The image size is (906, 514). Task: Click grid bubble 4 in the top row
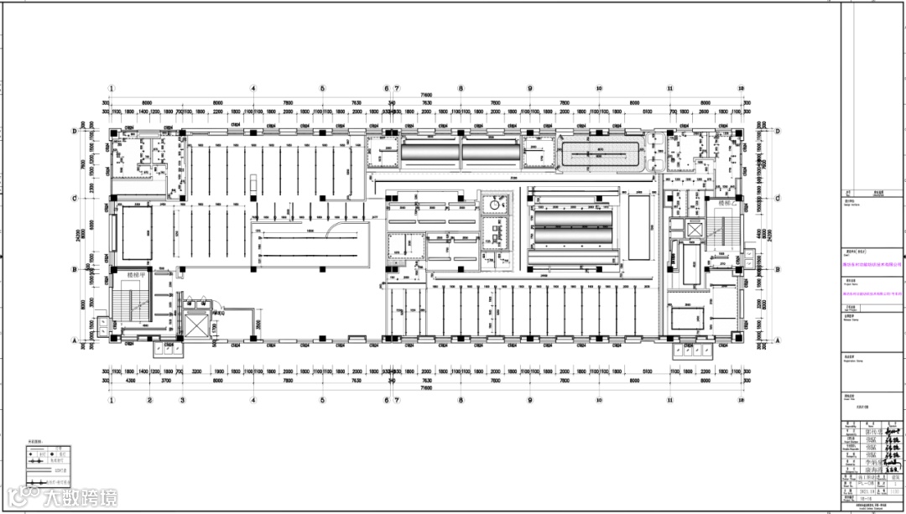[253, 88]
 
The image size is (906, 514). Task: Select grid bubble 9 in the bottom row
[529, 400]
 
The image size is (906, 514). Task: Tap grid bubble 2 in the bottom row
[149, 400]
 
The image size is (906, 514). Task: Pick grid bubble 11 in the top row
[670, 88]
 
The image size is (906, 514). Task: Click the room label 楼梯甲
[137, 275]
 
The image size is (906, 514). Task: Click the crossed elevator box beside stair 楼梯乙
[695, 229]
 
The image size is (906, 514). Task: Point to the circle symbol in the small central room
[495, 205]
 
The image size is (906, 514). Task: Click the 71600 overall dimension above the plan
[426, 96]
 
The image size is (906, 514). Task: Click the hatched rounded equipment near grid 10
[602, 154]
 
